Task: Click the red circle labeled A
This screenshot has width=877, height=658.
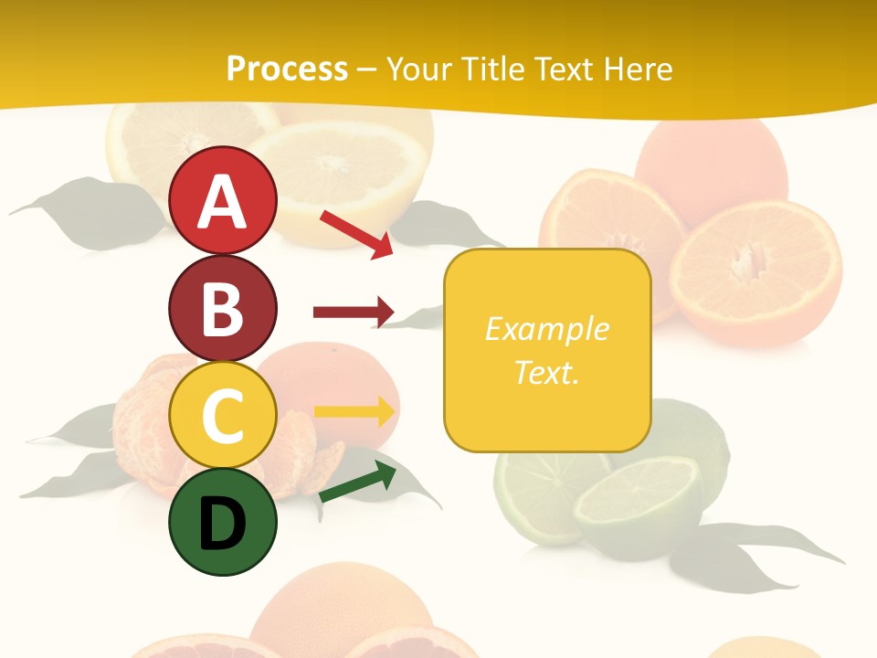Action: (222, 200)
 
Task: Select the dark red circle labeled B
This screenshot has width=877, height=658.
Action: (222, 308)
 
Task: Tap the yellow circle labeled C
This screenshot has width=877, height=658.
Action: (222, 415)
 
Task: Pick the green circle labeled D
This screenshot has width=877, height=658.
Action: (222, 522)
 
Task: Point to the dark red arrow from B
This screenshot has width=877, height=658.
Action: (353, 313)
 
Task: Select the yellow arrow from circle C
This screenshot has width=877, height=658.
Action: (354, 411)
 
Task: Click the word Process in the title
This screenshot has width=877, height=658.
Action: (287, 69)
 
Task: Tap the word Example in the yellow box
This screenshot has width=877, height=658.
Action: (547, 329)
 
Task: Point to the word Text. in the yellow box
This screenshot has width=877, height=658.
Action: (547, 372)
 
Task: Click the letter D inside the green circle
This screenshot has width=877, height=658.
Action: (222, 524)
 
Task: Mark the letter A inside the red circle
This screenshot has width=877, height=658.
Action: (222, 202)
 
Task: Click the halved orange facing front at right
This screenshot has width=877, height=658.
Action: (755, 272)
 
